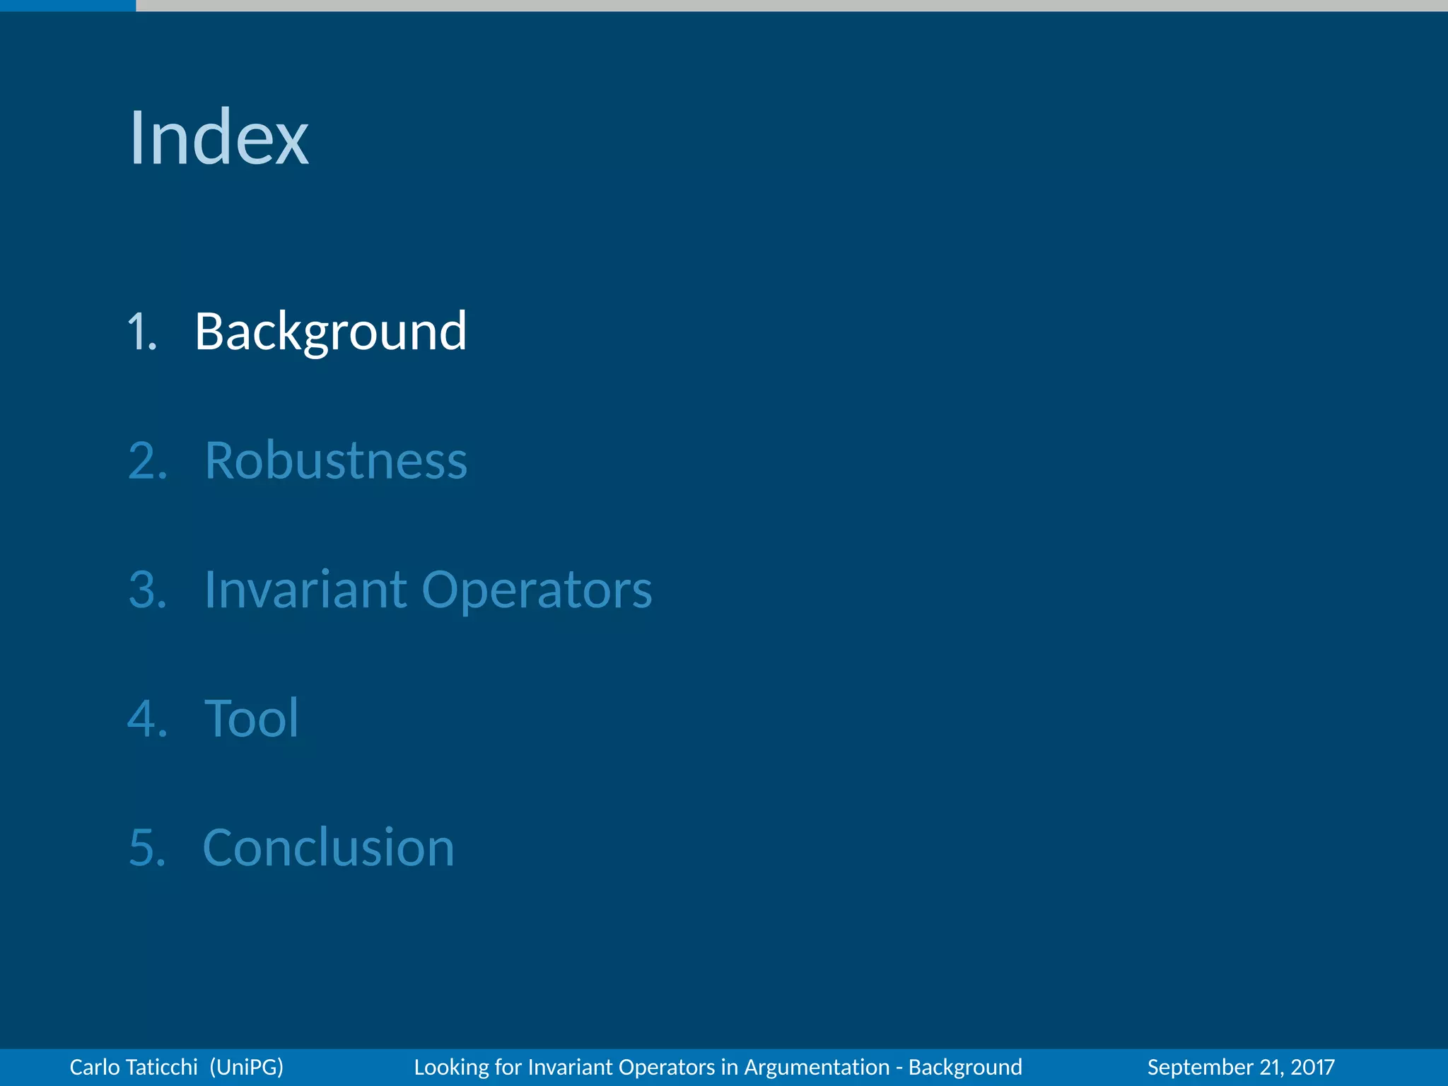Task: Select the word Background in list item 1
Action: (330, 332)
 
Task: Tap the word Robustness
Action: (336, 461)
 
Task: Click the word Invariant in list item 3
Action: (305, 590)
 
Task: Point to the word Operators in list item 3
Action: (537, 591)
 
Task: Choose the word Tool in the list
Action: (251, 719)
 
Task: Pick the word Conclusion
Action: (328, 848)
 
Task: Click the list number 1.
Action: (141, 332)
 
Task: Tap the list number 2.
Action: (147, 461)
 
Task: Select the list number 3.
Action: (147, 590)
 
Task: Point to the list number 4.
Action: (147, 719)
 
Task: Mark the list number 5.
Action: (147, 848)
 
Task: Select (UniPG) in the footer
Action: (247, 1067)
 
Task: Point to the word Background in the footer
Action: (965, 1067)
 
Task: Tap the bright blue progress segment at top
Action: (68, 5)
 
